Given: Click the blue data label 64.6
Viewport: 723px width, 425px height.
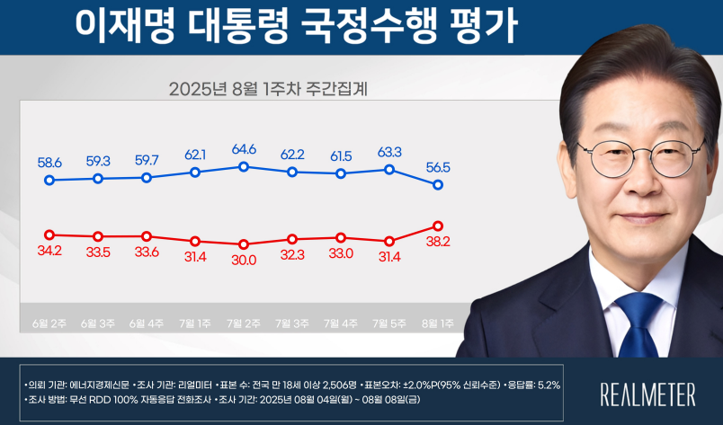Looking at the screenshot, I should (244, 149).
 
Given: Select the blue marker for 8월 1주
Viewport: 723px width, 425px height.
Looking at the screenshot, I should (438, 185).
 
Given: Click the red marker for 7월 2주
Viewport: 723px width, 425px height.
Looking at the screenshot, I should (244, 244).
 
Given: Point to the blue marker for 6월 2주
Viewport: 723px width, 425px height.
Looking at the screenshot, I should (49, 181).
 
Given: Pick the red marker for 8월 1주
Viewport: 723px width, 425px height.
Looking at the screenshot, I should (438, 226).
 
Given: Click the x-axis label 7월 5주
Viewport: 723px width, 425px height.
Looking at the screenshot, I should (389, 322).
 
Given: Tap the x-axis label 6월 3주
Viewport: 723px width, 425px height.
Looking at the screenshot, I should (98, 322).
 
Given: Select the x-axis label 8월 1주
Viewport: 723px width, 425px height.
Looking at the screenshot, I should (438, 322).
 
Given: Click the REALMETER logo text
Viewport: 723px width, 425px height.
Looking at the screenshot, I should (647, 394).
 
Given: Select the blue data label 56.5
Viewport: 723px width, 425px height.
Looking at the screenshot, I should (438, 166).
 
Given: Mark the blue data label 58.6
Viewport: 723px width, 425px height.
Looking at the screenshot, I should (49, 163).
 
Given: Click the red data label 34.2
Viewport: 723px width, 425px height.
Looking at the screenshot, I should (49, 249).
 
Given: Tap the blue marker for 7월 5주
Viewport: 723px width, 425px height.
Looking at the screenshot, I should (389, 169).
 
